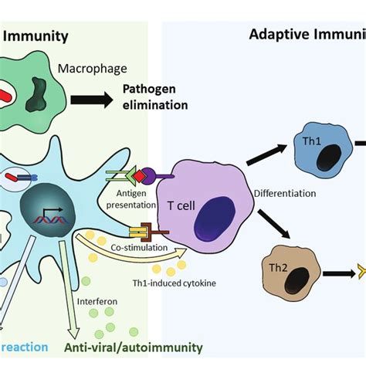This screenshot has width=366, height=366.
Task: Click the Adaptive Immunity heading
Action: point(307,34)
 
